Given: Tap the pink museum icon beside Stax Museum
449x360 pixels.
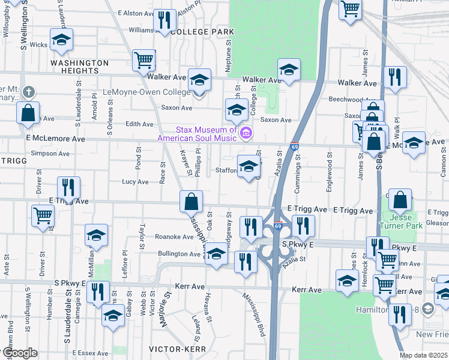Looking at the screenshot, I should click(244, 133).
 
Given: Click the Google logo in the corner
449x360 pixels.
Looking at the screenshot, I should click(19, 353).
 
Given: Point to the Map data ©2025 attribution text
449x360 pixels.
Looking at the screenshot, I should click(423, 355).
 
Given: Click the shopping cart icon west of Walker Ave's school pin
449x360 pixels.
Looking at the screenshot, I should click(144, 60).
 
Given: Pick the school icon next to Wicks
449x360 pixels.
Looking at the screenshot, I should click(61, 40).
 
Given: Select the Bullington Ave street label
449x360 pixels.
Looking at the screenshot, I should click(179, 254).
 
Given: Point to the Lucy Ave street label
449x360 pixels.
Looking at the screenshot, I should click(135, 182).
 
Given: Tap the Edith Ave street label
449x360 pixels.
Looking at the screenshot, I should click(139, 124).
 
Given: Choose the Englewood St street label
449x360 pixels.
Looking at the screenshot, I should click(329, 172).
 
